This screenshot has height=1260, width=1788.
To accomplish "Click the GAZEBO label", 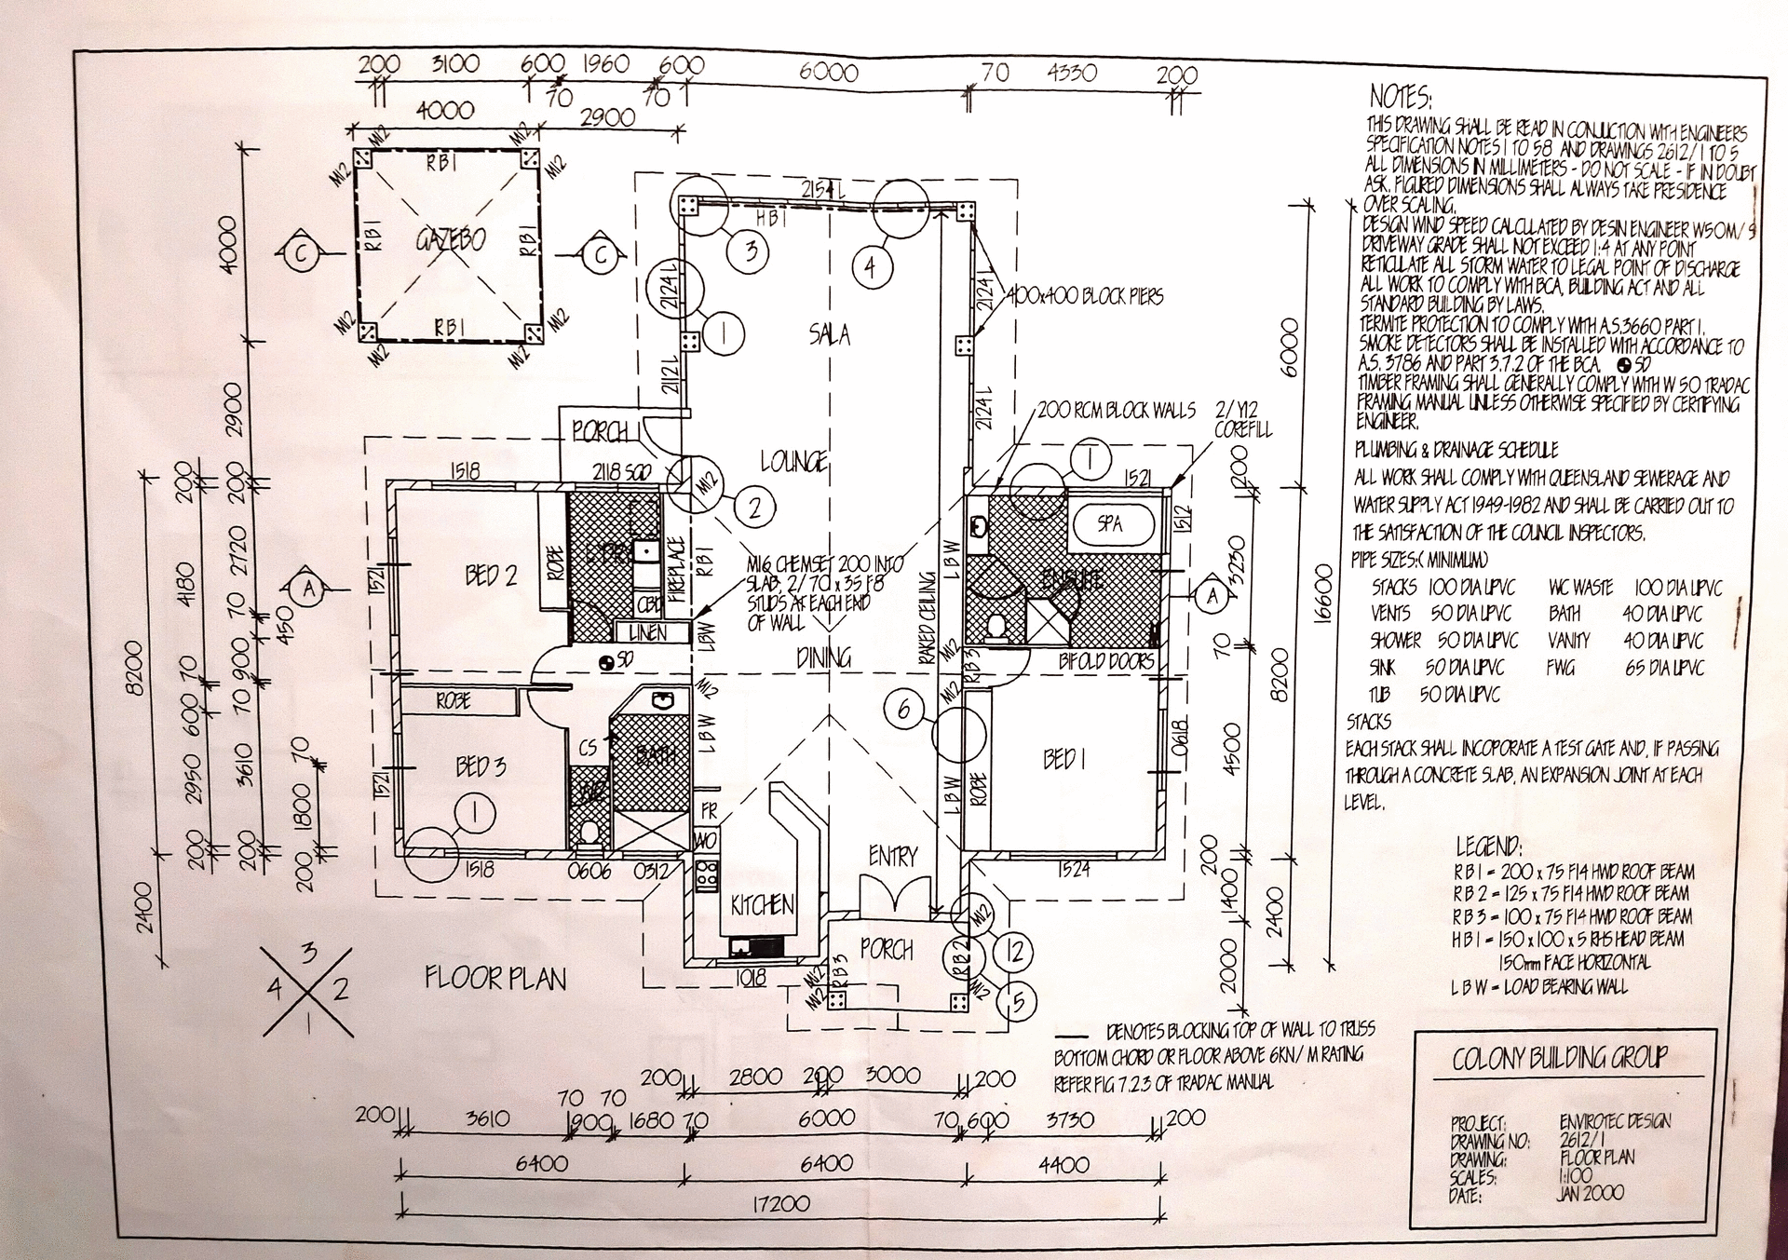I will pyautogui.click(x=450, y=240).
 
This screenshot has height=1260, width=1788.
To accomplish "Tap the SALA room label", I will pyautogui.click(x=829, y=334).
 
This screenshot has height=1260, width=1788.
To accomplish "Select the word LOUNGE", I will pyautogui.click(x=793, y=461).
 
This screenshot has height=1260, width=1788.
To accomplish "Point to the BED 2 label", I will pyautogui.click(x=491, y=576).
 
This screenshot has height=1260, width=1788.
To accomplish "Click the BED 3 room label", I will pyautogui.click(x=481, y=766).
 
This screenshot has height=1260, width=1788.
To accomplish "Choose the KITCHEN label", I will pyautogui.click(x=762, y=904).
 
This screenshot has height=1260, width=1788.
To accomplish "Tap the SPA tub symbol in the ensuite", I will pyautogui.click(x=1110, y=523).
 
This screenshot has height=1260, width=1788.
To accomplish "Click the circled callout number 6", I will pyautogui.click(x=902, y=711).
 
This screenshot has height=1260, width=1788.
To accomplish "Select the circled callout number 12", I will pyautogui.click(x=1015, y=951).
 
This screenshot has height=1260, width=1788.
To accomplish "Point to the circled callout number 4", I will pyautogui.click(x=869, y=268).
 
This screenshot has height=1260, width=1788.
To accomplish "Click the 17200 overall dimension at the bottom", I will pyautogui.click(x=780, y=1203).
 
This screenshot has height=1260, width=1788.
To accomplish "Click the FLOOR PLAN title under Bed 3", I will pyautogui.click(x=495, y=979).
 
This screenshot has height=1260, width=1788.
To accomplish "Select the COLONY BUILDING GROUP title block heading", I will pyautogui.click(x=1560, y=1058).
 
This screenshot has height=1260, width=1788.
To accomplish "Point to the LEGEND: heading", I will pyautogui.click(x=1488, y=847).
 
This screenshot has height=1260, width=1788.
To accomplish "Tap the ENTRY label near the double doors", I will pyautogui.click(x=892, y=856).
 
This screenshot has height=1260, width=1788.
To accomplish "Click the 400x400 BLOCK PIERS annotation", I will pyautogui.click(x=1085, y=297).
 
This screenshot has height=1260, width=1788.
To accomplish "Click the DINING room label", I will pyautogui.click(x=823, y=657).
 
